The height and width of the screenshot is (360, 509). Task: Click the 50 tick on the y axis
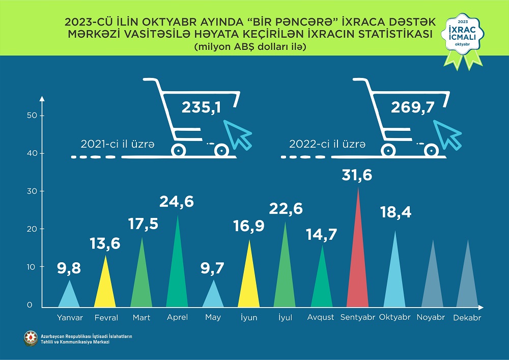pos(32,116)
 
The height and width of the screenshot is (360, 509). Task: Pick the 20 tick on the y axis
pos(32,229)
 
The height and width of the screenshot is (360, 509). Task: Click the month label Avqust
pos(321,317)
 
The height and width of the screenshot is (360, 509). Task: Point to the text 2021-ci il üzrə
pos(117,145)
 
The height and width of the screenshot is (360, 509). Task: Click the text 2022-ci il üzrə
pos(327,145)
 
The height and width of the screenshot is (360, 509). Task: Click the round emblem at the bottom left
pos(30,338)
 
